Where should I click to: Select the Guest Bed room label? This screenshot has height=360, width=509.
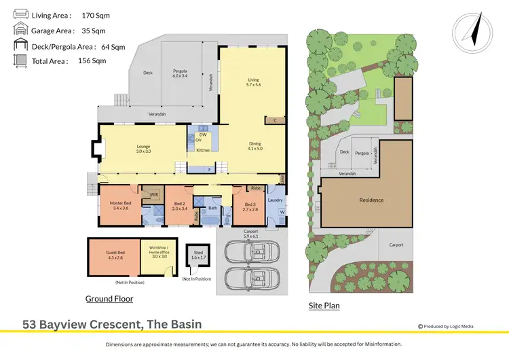coord(113,256)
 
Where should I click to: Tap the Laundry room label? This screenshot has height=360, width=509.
coord(275,200)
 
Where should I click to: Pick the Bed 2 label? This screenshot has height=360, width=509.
coord(179,206)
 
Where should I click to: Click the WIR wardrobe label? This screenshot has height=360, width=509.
coord(154,195)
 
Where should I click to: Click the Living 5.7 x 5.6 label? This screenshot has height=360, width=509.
coord(253,82)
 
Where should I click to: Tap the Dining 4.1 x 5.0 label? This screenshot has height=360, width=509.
coord(255,146)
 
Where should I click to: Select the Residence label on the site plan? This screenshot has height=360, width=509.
coord(371,200)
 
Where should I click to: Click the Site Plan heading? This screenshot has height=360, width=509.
coord(324,306)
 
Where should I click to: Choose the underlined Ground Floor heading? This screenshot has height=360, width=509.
coord(109,299)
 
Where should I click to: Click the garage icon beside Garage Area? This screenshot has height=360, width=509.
coord(19,30)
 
